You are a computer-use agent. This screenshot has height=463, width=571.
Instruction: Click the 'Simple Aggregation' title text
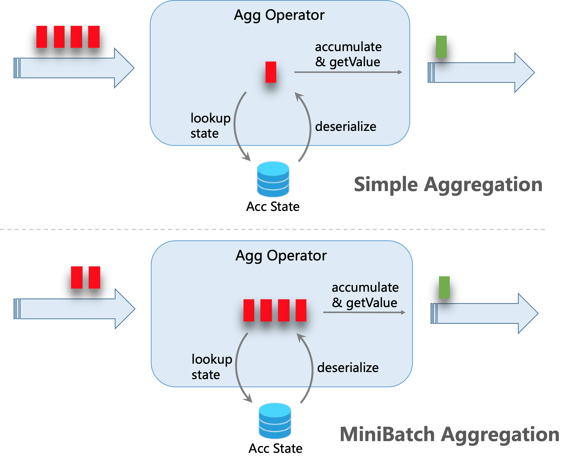[x=448, y=185]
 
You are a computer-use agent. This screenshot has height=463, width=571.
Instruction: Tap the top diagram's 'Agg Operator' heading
[x=279, y=15]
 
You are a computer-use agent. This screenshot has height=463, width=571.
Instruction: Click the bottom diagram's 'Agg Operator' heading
[x=281, y=256]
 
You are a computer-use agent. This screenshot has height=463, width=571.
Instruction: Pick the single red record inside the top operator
[x=271, y=72]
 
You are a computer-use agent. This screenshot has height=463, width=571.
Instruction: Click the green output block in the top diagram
[x=441, y=47]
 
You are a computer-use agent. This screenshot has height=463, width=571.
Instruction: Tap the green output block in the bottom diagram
[x=444, y=287]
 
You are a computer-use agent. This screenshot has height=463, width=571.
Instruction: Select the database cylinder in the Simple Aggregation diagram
[x=273, y=179]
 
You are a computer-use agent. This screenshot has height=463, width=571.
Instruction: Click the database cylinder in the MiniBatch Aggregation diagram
[x=275, y=421]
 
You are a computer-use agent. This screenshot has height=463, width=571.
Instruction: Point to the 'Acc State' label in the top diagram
[x=272, y=207]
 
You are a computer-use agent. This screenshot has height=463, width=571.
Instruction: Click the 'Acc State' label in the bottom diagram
[x=275, y=448]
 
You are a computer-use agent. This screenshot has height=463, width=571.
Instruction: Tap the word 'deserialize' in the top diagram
[x=346, y=126]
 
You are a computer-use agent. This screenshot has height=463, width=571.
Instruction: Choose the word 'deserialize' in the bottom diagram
[x=348, y=368]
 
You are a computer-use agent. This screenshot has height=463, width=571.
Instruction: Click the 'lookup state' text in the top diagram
[x=210, y=125]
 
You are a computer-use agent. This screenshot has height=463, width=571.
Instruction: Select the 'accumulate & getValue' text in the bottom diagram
[x=365, y=295]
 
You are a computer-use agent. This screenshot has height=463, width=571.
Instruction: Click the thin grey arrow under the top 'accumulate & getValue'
[x=347, y=72]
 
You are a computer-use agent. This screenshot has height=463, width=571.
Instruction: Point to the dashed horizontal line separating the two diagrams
[x=272, y=229]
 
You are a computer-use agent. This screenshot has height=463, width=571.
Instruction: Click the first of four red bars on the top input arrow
[x=42, y=37]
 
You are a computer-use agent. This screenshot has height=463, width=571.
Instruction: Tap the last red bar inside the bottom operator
[x=301, y=310]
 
